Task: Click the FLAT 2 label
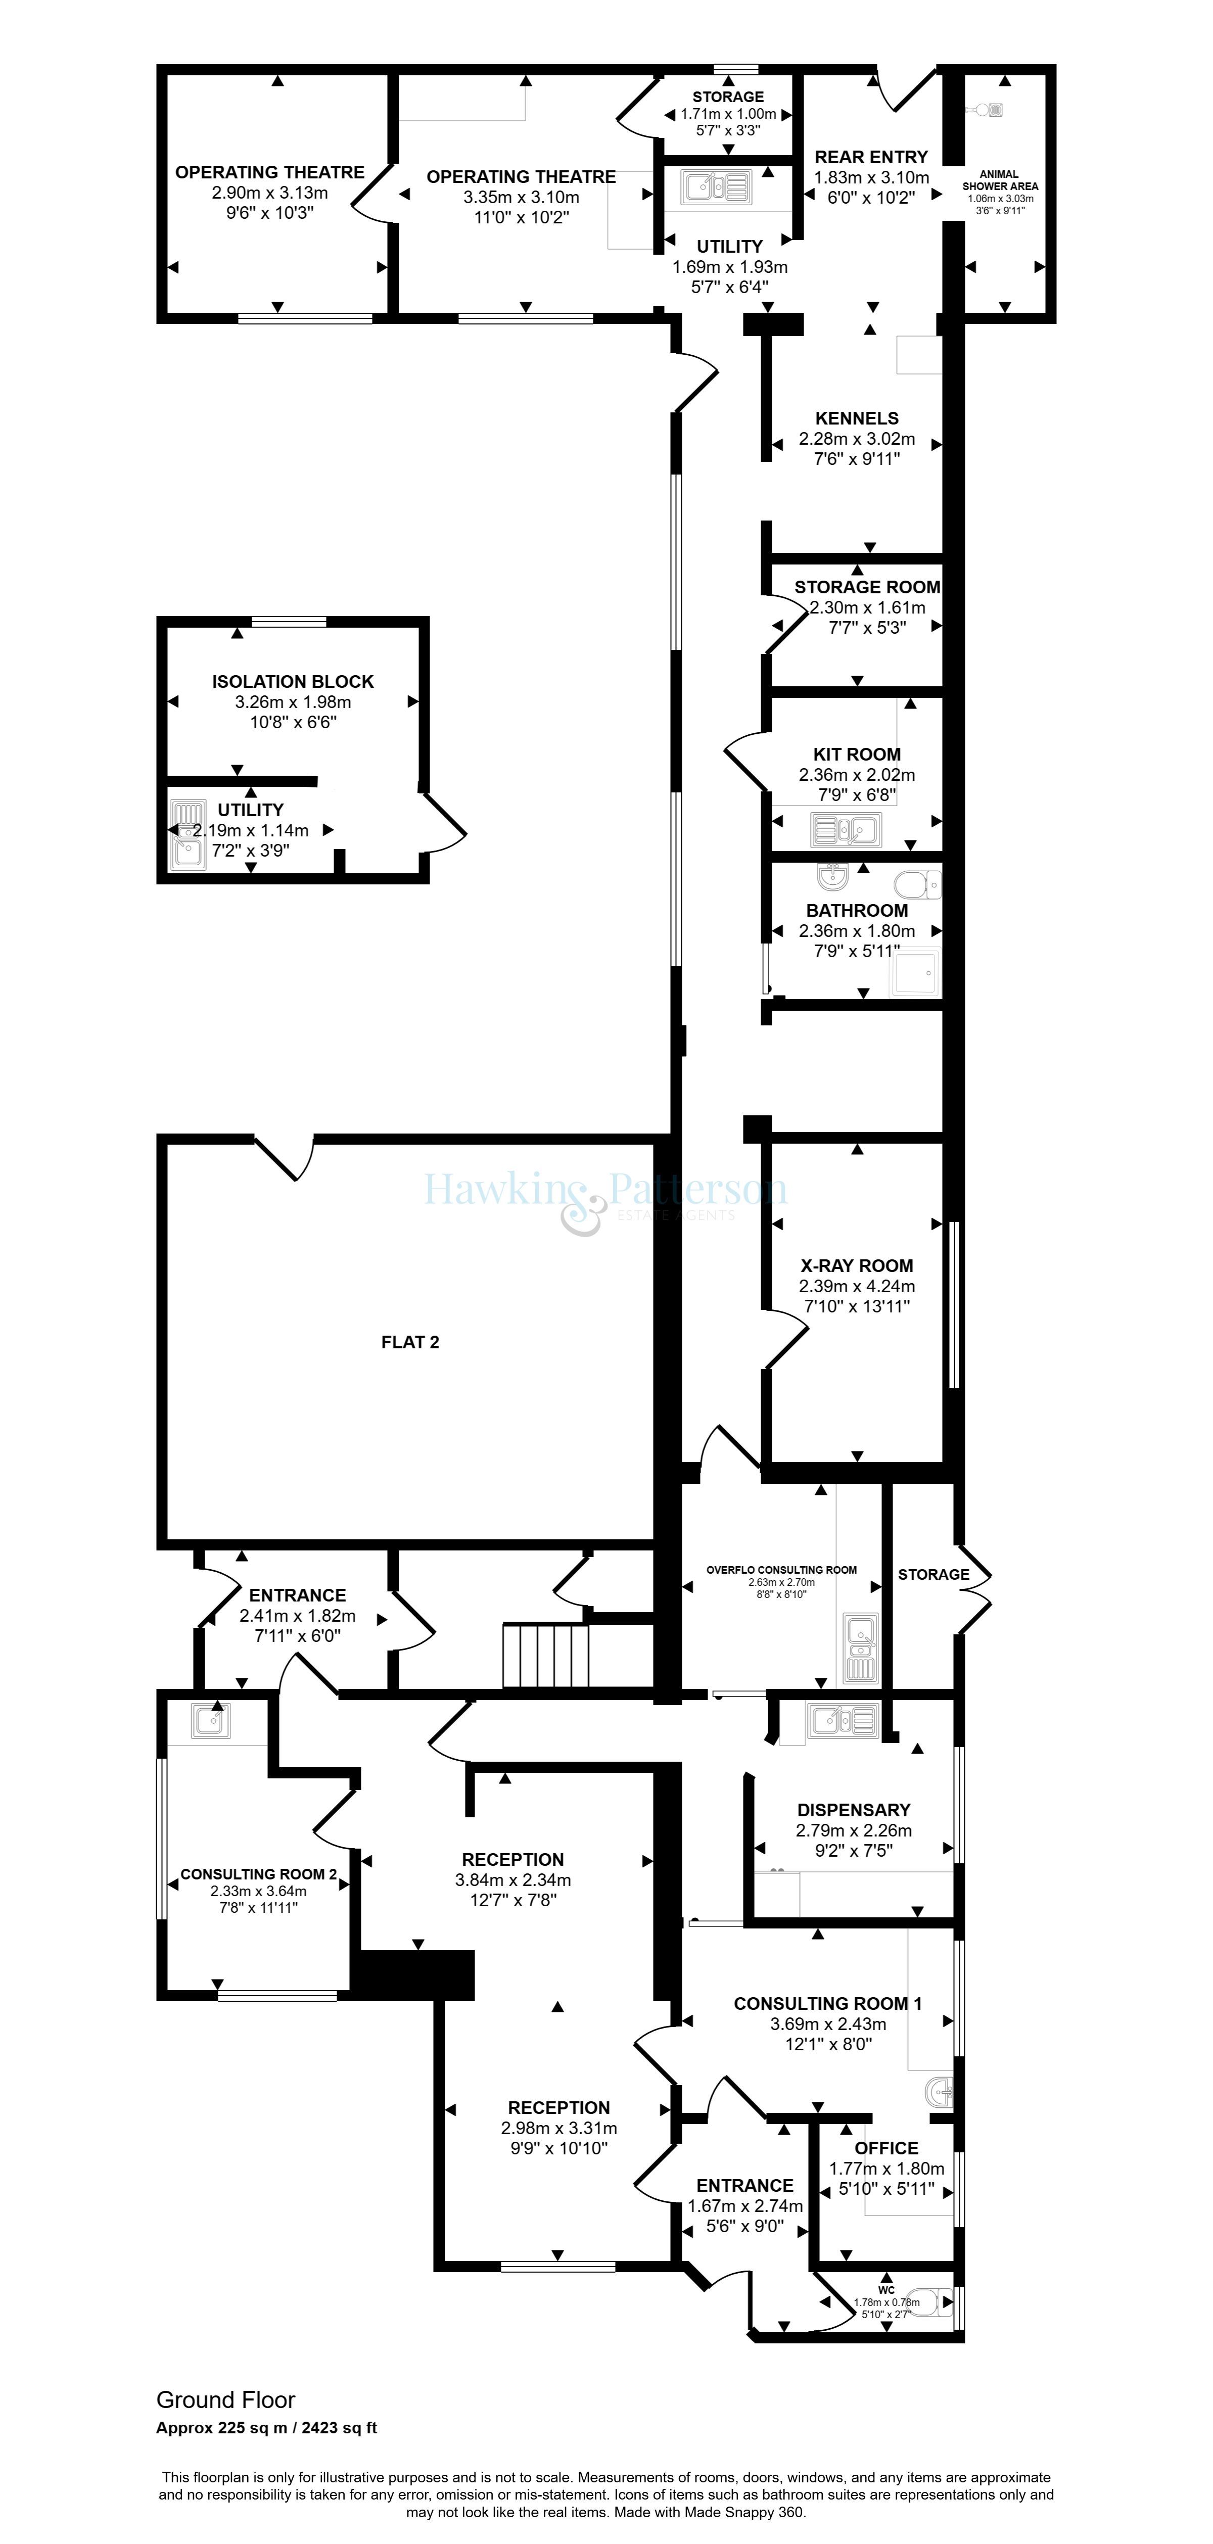click(x=410, y=1342)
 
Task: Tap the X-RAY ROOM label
click(x=856, y=1266)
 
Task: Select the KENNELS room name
click(x=856, y=419)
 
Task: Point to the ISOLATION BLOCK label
click(x=293, y=681)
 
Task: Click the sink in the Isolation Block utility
click(x=188, y=834)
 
